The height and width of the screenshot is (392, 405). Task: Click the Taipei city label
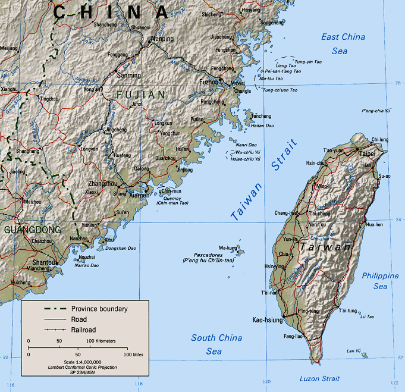[367, 153]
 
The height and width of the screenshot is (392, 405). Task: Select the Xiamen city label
[139, 195]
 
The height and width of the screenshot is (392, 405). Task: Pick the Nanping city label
[162, 39]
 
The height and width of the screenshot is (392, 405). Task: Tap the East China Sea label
[343, 44]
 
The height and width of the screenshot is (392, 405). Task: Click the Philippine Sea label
[380, 281]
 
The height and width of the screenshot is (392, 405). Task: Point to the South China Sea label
[216, 344]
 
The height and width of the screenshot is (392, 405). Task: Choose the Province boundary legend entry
[99, 309]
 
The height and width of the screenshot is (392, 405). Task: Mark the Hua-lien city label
[374, 225]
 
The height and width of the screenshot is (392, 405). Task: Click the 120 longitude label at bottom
[267, 381]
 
